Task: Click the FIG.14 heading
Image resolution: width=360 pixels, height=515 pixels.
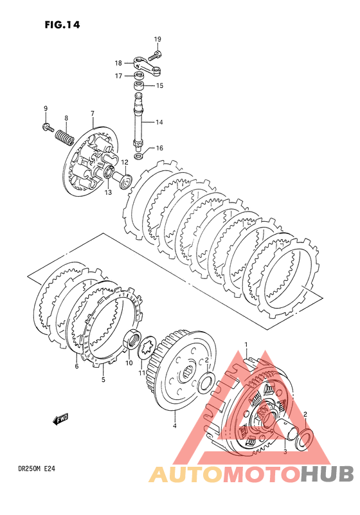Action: (x=62, y=25)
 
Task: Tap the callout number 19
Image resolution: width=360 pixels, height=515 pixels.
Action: (x=157, y=39)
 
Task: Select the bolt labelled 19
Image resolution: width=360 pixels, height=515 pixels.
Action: (x=155, y=55)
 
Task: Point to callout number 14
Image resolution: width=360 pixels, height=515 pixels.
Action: (x=159, y=123)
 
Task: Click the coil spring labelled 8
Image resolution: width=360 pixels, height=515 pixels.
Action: (x=64, y=138)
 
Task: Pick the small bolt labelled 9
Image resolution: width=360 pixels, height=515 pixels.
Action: (x=48, y=127)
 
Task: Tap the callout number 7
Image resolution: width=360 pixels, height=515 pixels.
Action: (x=93, y=114)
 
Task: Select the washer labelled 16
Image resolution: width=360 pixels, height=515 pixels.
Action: (x=139, y=156)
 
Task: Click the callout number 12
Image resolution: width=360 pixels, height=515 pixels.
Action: (x=125, y=162)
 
